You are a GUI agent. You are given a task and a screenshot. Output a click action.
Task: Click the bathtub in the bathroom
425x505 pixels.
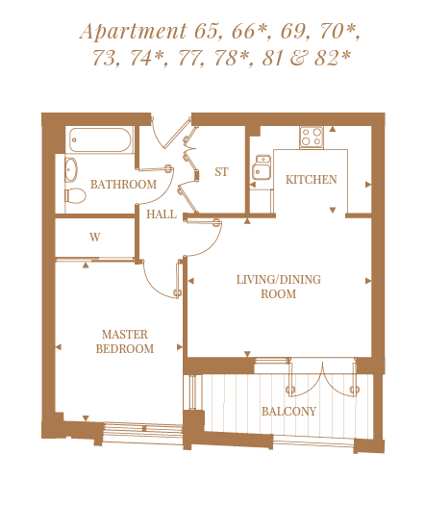pyautogui.click(x=100, y=139)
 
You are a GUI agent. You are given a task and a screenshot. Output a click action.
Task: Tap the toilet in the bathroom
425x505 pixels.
pyautogui.click(x=75, y=195)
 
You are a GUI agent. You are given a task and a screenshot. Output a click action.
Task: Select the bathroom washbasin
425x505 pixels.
pyautogui.click(x=71, y=169)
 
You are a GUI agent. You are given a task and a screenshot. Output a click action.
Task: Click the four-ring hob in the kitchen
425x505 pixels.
pyautogui.click(x=312, y=138)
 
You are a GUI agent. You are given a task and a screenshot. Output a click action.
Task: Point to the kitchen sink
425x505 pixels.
pyautogui.click(x=262, y=167)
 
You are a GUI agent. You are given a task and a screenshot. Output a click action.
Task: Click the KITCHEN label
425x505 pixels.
pyautogui.click(x=312, y=180)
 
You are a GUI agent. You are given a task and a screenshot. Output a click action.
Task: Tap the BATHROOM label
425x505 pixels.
pyautogui.click(x=123, y=185)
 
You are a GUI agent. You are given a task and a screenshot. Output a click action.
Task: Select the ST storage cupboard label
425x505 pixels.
pyautogui.click(x=221, y=172)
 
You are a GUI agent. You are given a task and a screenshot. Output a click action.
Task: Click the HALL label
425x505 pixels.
pyautogui.click(x=162, y=215)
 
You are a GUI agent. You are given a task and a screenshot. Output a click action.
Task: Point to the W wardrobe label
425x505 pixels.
pyautogui.click(x=94, y=238)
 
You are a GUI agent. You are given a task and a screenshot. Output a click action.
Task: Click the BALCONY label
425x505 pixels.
pyautogui.click(x=288, y=412)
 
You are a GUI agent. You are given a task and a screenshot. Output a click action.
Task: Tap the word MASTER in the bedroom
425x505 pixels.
pyautogui.click(x=125, y=335)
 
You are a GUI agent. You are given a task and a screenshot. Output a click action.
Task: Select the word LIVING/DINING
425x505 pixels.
pyautogui.click(x=279, y=280)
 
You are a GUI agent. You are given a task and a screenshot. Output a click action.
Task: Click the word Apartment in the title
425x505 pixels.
pyautogui.click(x=134, y=32)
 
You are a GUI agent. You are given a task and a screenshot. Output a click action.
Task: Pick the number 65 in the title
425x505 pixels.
pyautogui.click(x=206, y=32)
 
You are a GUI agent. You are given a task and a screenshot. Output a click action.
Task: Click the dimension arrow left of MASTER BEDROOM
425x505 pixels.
pyautogui.click(x=59, y=347)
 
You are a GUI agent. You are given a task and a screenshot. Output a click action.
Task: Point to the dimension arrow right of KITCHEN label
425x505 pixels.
pyautogui.click(x=368, y=185)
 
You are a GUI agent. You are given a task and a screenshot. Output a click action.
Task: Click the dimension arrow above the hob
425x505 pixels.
pyautogui.click(x=333, y=129)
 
